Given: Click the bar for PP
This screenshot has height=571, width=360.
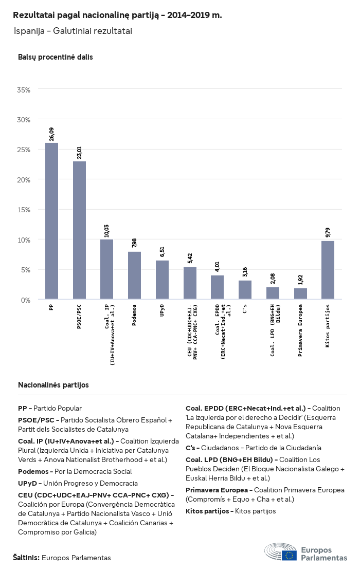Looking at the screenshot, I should point(51,221).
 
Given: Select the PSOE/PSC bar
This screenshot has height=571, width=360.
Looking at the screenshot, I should point(79,230).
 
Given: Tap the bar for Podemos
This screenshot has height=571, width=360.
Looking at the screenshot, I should point(134,275).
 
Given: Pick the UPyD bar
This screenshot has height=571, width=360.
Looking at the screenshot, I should point(162,280).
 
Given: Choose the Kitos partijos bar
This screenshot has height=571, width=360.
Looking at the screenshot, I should point(328,270).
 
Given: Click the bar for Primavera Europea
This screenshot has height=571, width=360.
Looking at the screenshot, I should point(300,293).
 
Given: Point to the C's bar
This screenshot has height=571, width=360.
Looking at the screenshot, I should point(245,290).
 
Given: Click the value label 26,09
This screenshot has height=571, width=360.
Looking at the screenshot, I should point(51,134).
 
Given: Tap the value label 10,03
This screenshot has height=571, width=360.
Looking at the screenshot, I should point(107,230).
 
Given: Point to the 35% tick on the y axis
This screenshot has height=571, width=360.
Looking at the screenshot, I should point(24,89).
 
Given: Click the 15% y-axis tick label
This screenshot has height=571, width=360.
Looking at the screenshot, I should point(24,210).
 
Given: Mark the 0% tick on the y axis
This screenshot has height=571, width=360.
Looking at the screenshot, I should point(26,300).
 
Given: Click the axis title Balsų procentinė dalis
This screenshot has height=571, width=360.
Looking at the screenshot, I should point(55,57).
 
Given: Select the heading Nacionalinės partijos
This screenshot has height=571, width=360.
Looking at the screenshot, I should point(53,384).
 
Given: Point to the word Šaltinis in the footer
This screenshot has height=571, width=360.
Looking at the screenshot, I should point(26,557).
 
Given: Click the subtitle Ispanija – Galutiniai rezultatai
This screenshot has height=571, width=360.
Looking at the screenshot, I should point(73,31).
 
